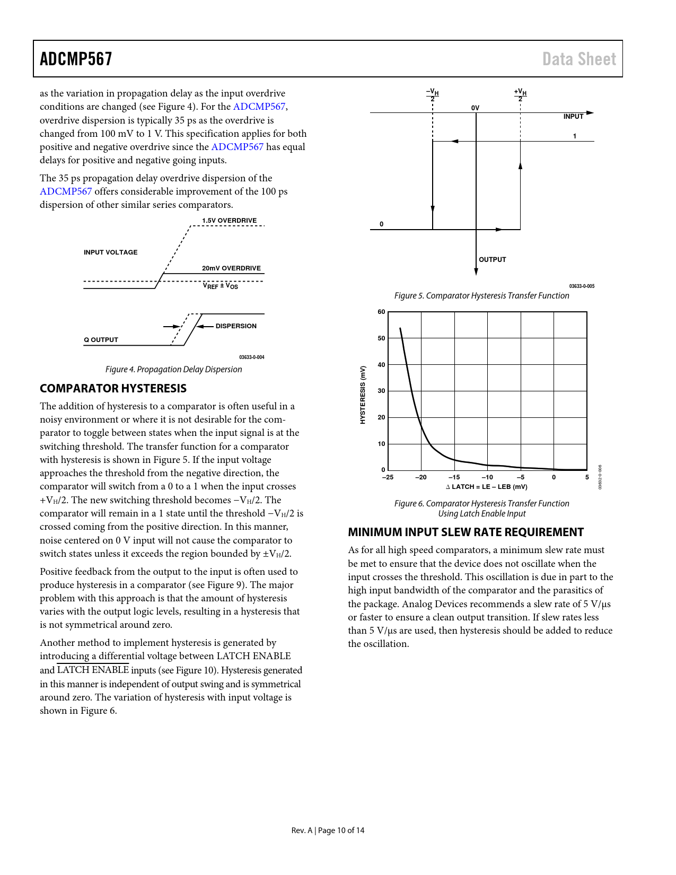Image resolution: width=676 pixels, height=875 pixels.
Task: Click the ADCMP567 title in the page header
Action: [x=76, y=59]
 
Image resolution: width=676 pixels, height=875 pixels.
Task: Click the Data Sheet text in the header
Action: [x=579, y=59]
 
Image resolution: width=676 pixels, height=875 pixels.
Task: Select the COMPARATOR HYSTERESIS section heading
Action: [x=113, y=389]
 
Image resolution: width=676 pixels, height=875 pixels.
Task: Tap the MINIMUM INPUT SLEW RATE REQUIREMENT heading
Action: [x=466, y=532]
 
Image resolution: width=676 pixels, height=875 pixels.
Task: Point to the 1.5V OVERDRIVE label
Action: [x=229, y=221]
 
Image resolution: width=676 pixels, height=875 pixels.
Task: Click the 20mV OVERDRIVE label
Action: [x=231, y=268]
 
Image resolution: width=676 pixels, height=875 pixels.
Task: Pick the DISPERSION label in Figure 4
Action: [x=236, y=326]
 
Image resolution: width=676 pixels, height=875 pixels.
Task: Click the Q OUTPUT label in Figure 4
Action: [x=101, y=340]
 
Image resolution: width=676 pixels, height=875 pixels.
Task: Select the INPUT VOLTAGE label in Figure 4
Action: [x=110, y=252]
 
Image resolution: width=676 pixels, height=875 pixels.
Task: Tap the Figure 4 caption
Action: [x=173, y=370]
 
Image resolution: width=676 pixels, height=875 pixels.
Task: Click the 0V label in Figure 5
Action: [x=475, y=108]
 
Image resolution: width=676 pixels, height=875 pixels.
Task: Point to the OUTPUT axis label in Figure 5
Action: [x=492, y=260]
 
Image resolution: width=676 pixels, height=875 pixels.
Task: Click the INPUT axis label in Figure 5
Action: [x=573, y=117]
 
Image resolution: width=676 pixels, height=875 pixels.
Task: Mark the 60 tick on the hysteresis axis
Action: [x=381, y=312]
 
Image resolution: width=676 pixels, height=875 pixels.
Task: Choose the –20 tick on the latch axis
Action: [x=420, y=477]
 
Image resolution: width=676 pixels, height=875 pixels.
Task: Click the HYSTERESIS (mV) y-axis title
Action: [x=363, y=395]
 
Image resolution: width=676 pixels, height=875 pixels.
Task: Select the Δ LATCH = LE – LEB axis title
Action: [x=486, y=487]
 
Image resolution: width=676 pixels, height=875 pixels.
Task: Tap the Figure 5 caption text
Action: [x=481, y=296]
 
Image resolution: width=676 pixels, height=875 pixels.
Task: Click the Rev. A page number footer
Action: [x=328, y=830]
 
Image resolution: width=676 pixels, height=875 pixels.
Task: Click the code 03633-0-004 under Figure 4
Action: [x=251, y=357]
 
